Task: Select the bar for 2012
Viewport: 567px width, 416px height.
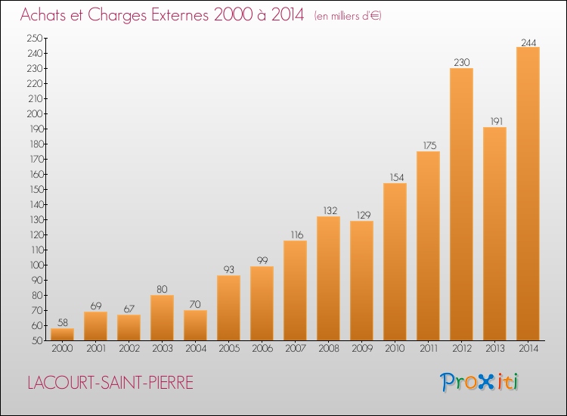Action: tap(461, 204)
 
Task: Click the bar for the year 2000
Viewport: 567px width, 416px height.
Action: tap(62, 334)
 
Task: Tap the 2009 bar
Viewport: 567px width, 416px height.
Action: tap(361, 281)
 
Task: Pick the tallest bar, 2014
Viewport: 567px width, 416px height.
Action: tap(528, 194)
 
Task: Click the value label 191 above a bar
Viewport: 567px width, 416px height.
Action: tap(497, 121)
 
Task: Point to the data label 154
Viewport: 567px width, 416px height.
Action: tap(397, 177)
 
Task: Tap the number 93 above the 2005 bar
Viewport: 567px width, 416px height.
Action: tap(228, 269)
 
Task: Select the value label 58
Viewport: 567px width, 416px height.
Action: tap(63, 322)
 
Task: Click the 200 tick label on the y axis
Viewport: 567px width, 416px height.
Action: tap(35, 113)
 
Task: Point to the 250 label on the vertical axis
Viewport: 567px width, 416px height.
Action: tap(35, 38)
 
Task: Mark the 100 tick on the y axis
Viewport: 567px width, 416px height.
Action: tap(36, 265)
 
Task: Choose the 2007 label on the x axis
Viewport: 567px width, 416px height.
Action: tap(296, 349)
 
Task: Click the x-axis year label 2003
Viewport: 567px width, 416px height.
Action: tap(163, 349)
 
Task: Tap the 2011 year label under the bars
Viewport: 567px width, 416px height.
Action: tap(429, 349)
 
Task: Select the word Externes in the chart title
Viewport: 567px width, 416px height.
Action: tap(180, 15)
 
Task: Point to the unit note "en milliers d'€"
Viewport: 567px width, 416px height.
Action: tap(348, 17)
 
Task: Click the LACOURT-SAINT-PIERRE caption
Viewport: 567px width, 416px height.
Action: tap(110, 383)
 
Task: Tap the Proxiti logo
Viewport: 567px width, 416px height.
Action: tap(479, 382)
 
